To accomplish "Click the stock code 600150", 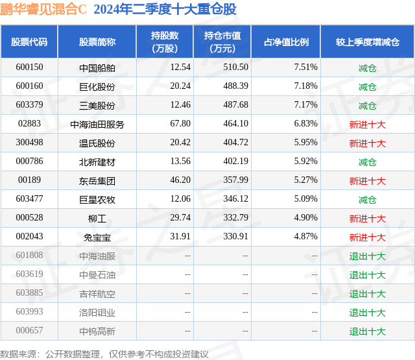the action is tap(29, 67).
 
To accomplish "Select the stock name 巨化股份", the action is tap(97, 87).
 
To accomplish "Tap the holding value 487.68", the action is tap(235, 105).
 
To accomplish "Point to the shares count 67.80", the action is tap(180, 124).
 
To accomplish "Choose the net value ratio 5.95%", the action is tap(305, 143).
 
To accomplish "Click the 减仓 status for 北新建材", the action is tap(368, 162).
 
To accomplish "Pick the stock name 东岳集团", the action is tap(97, 181).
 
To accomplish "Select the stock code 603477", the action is tap(29, 198).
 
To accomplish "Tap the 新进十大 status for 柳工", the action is tap(368, 219).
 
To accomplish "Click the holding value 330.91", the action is tap(235, 236).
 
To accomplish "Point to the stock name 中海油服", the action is tap(97, 256).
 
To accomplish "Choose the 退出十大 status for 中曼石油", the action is tap(368, 275).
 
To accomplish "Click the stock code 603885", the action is tap(29, 293).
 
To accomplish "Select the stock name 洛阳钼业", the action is tap(97, 313).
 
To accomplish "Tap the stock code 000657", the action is tap(29, 330).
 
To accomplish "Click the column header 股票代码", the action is tap(29, 42).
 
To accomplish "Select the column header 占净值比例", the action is tap(286, 42).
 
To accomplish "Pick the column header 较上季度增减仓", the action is tap(368, 42).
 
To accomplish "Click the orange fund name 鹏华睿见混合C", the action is tap(43, 9).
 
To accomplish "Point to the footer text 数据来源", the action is tap(18, 354).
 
